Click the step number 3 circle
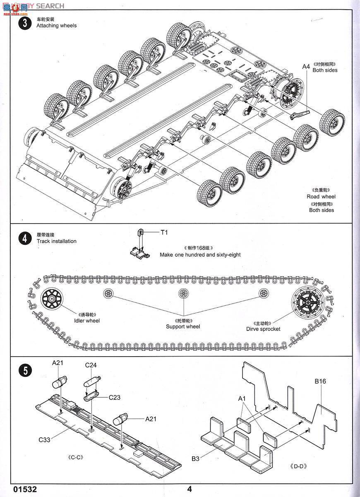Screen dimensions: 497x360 (25, 23)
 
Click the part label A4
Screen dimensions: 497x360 (306, 67)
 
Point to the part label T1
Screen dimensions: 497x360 (164, 232)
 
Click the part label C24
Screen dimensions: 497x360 (91, 365)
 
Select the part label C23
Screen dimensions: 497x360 (115, 397)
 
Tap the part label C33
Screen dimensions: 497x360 (44, 439)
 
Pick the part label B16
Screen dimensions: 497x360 (320, 381)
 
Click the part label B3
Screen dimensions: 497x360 (196, 458)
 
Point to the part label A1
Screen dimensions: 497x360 (242, 398)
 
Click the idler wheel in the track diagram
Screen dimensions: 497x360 (51, 297)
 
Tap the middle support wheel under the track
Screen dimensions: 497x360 (183, 294)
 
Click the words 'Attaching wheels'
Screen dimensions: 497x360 (56, 26)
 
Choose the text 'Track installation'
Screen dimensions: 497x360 (56, 241)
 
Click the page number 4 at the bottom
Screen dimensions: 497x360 (190, 489)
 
